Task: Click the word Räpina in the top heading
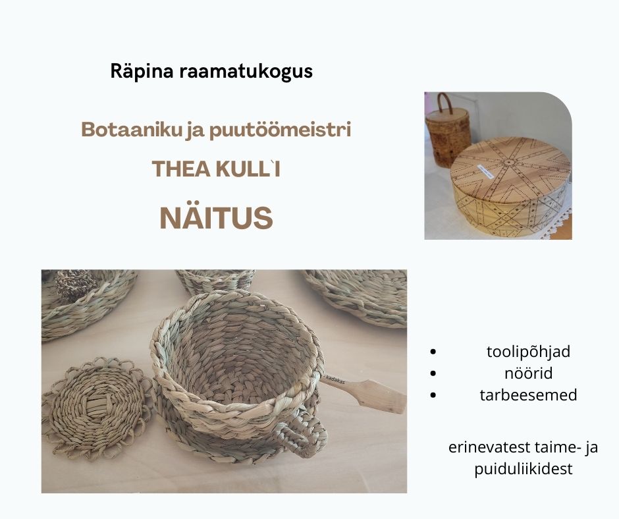pyautogui.click(x=142, y=72)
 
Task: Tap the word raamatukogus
pyautogui.click(x=246, y=72)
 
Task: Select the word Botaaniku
pyautogui.click(x=131, y=129)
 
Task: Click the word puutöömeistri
pyautogui.click(x=280, y=130)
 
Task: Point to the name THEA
pyautogui.click(x=181, y=169)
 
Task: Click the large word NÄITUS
pyautogui.click(x=217, y=217)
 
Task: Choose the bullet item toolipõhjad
pyautogui.click(x=528, y=352)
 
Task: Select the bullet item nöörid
pyautogui.click(x=528, y=373)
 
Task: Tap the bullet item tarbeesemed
pyautogui.click(x=528, y=395)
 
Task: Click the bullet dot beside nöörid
pyautogui.click(x=433, y=373)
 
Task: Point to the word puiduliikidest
pyautogui.click(x=523, y=469)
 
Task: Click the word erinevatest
pyautogui.click(x=489, y=447)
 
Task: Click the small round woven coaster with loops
pyautogui.click(x=97, y=409)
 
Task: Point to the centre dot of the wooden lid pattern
pyautogui.click(x=509, y=162)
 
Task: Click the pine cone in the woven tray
pyautogui.click(x=76, y=284)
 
